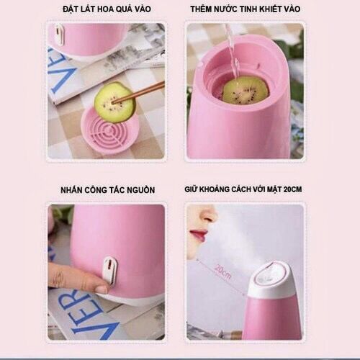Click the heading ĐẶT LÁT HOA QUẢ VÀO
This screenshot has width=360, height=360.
(107, 9)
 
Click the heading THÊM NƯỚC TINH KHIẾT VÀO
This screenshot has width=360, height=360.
(245, 9)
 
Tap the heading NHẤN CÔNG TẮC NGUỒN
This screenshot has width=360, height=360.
(108, 190)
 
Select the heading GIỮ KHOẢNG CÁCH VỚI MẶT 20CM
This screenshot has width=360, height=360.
(243, 189)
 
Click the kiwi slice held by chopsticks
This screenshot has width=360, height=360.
(114, 102)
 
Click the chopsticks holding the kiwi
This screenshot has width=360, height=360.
(139, 91)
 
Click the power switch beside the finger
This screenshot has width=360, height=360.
(110, 269)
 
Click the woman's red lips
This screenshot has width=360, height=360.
(198, 235)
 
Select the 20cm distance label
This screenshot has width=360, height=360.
(222, 271)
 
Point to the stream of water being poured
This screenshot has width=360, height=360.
(232, 52)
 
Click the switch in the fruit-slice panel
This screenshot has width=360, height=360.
(60, 35)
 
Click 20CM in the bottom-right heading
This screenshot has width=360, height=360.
(292, 189)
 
